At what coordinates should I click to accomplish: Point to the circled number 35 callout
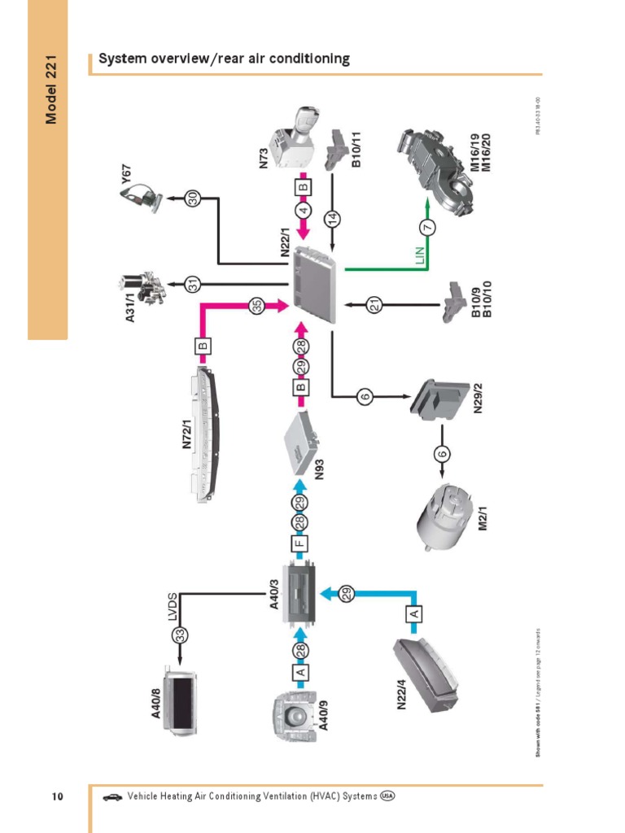pyautogui.click(x=257, y=306)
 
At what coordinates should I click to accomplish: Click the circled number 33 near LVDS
pyautogui.click(x=181, y=635)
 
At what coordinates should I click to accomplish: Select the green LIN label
pyautogui.click(x=421, y=255)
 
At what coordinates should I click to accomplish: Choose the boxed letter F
pyautogui.click(x=300, y=541)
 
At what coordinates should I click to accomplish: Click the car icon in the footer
pyautogui.click(x=112, y=797)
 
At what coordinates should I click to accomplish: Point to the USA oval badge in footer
pyautogui.click(x=387, y=796)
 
